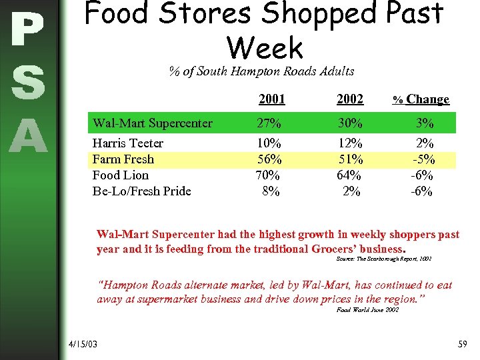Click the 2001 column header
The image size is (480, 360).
click(271, 99)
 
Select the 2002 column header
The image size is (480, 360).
click(350, 99)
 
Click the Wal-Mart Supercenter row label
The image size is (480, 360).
click(153, 123)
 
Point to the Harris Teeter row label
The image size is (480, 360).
click(128, 143)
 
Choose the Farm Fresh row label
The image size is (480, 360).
click(123, 159)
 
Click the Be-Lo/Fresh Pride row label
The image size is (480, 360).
click(141, 191)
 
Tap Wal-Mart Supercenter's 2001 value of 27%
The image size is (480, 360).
click(269, 123)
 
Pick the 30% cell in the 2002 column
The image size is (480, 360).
click(350, 123)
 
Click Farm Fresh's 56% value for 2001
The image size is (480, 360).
click(269, 159)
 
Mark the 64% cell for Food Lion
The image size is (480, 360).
click(350, 175)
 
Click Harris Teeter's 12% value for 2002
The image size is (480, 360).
click(351, 143)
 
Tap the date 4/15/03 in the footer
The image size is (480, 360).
click(83, 344)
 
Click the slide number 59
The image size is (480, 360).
click(463, 344)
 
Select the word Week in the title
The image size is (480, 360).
click(265, 47)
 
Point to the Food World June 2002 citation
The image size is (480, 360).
click(368, 310)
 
